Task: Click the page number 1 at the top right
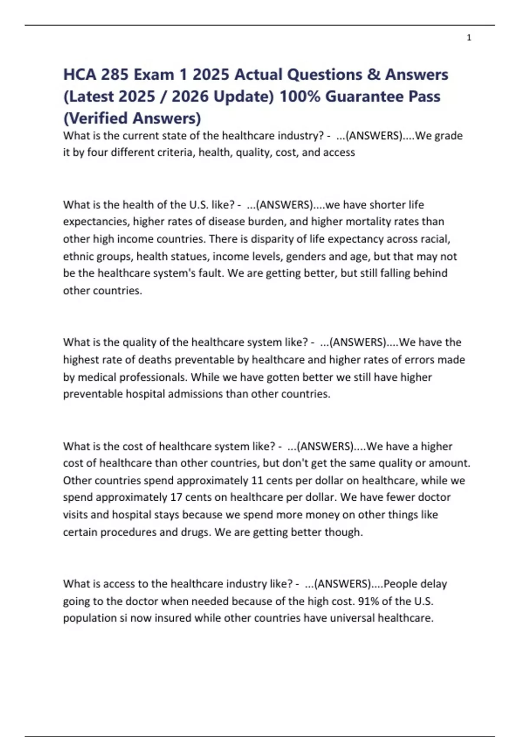coord(469,38)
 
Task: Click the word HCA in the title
coord(79,75)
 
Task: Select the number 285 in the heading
coord(114,75)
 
